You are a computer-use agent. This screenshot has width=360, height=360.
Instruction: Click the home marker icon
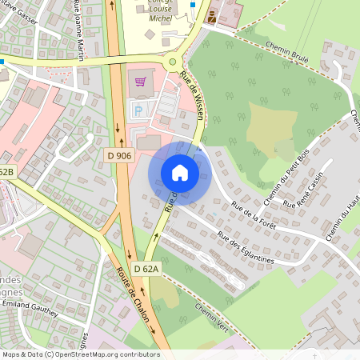(x=180, y=172)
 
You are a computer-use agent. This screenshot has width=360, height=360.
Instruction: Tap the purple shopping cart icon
(x=141, y=80)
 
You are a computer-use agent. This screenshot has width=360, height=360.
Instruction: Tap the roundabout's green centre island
(x=172, y=62)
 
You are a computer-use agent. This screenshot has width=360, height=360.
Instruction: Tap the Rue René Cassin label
(x=309, y=190)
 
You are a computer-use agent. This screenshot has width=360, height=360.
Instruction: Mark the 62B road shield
(x=6, y=173)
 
